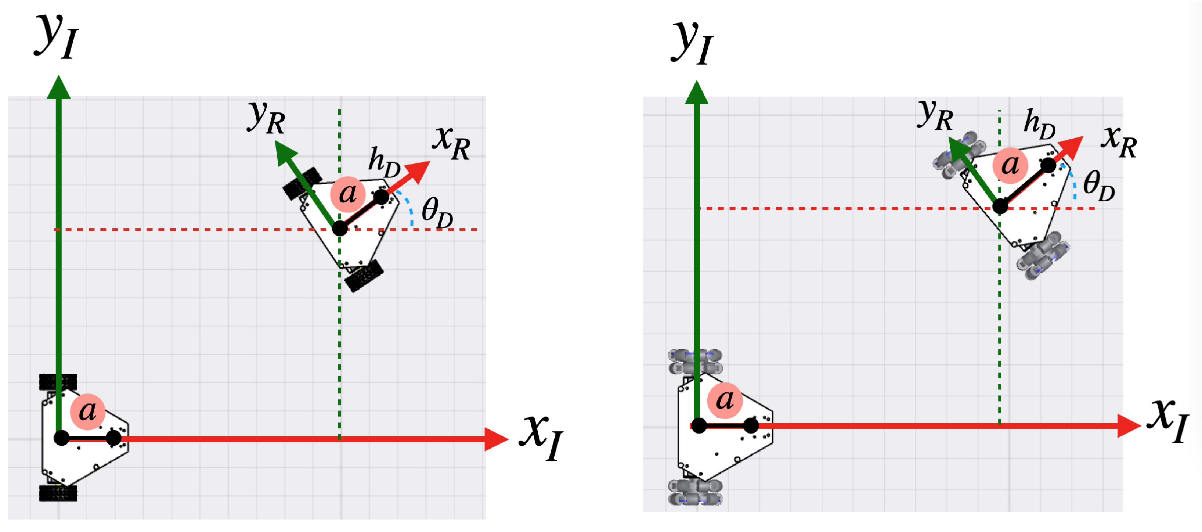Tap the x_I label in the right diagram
(x=1167, y=420)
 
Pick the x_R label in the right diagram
(x=1119, y=141)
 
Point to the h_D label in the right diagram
(x=1040, y=124)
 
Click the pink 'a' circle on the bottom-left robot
(x=87, y=411)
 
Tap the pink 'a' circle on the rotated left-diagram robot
(x=348, y=194)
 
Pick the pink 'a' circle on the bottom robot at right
(x=725, y=400)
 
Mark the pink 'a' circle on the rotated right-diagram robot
(x=1010, y=165)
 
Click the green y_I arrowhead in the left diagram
(x=59, y=88)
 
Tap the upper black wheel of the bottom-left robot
(x=58, y=382)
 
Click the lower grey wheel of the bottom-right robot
(x=695, y=492)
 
